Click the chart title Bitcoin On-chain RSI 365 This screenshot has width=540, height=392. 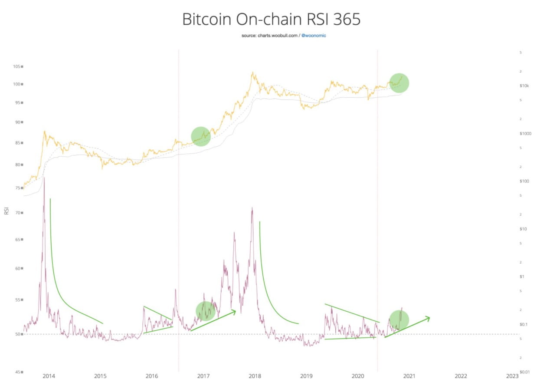point(271,20)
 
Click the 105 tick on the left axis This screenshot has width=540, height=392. point(18,67)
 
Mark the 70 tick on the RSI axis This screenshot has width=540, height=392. point(19,213)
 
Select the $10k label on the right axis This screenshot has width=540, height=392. point(524,86)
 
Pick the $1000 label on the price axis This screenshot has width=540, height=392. point(525,134)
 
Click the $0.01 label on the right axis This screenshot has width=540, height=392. point(525,372)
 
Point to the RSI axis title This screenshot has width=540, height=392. point(7,211)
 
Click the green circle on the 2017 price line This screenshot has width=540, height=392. point(201,136)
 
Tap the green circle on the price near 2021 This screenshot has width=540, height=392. point(399,83)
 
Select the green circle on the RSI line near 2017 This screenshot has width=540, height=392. point(206,310)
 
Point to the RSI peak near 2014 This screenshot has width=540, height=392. point(44,178)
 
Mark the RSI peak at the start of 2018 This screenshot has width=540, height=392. point(252,208)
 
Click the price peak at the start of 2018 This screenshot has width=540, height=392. point(252,72)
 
